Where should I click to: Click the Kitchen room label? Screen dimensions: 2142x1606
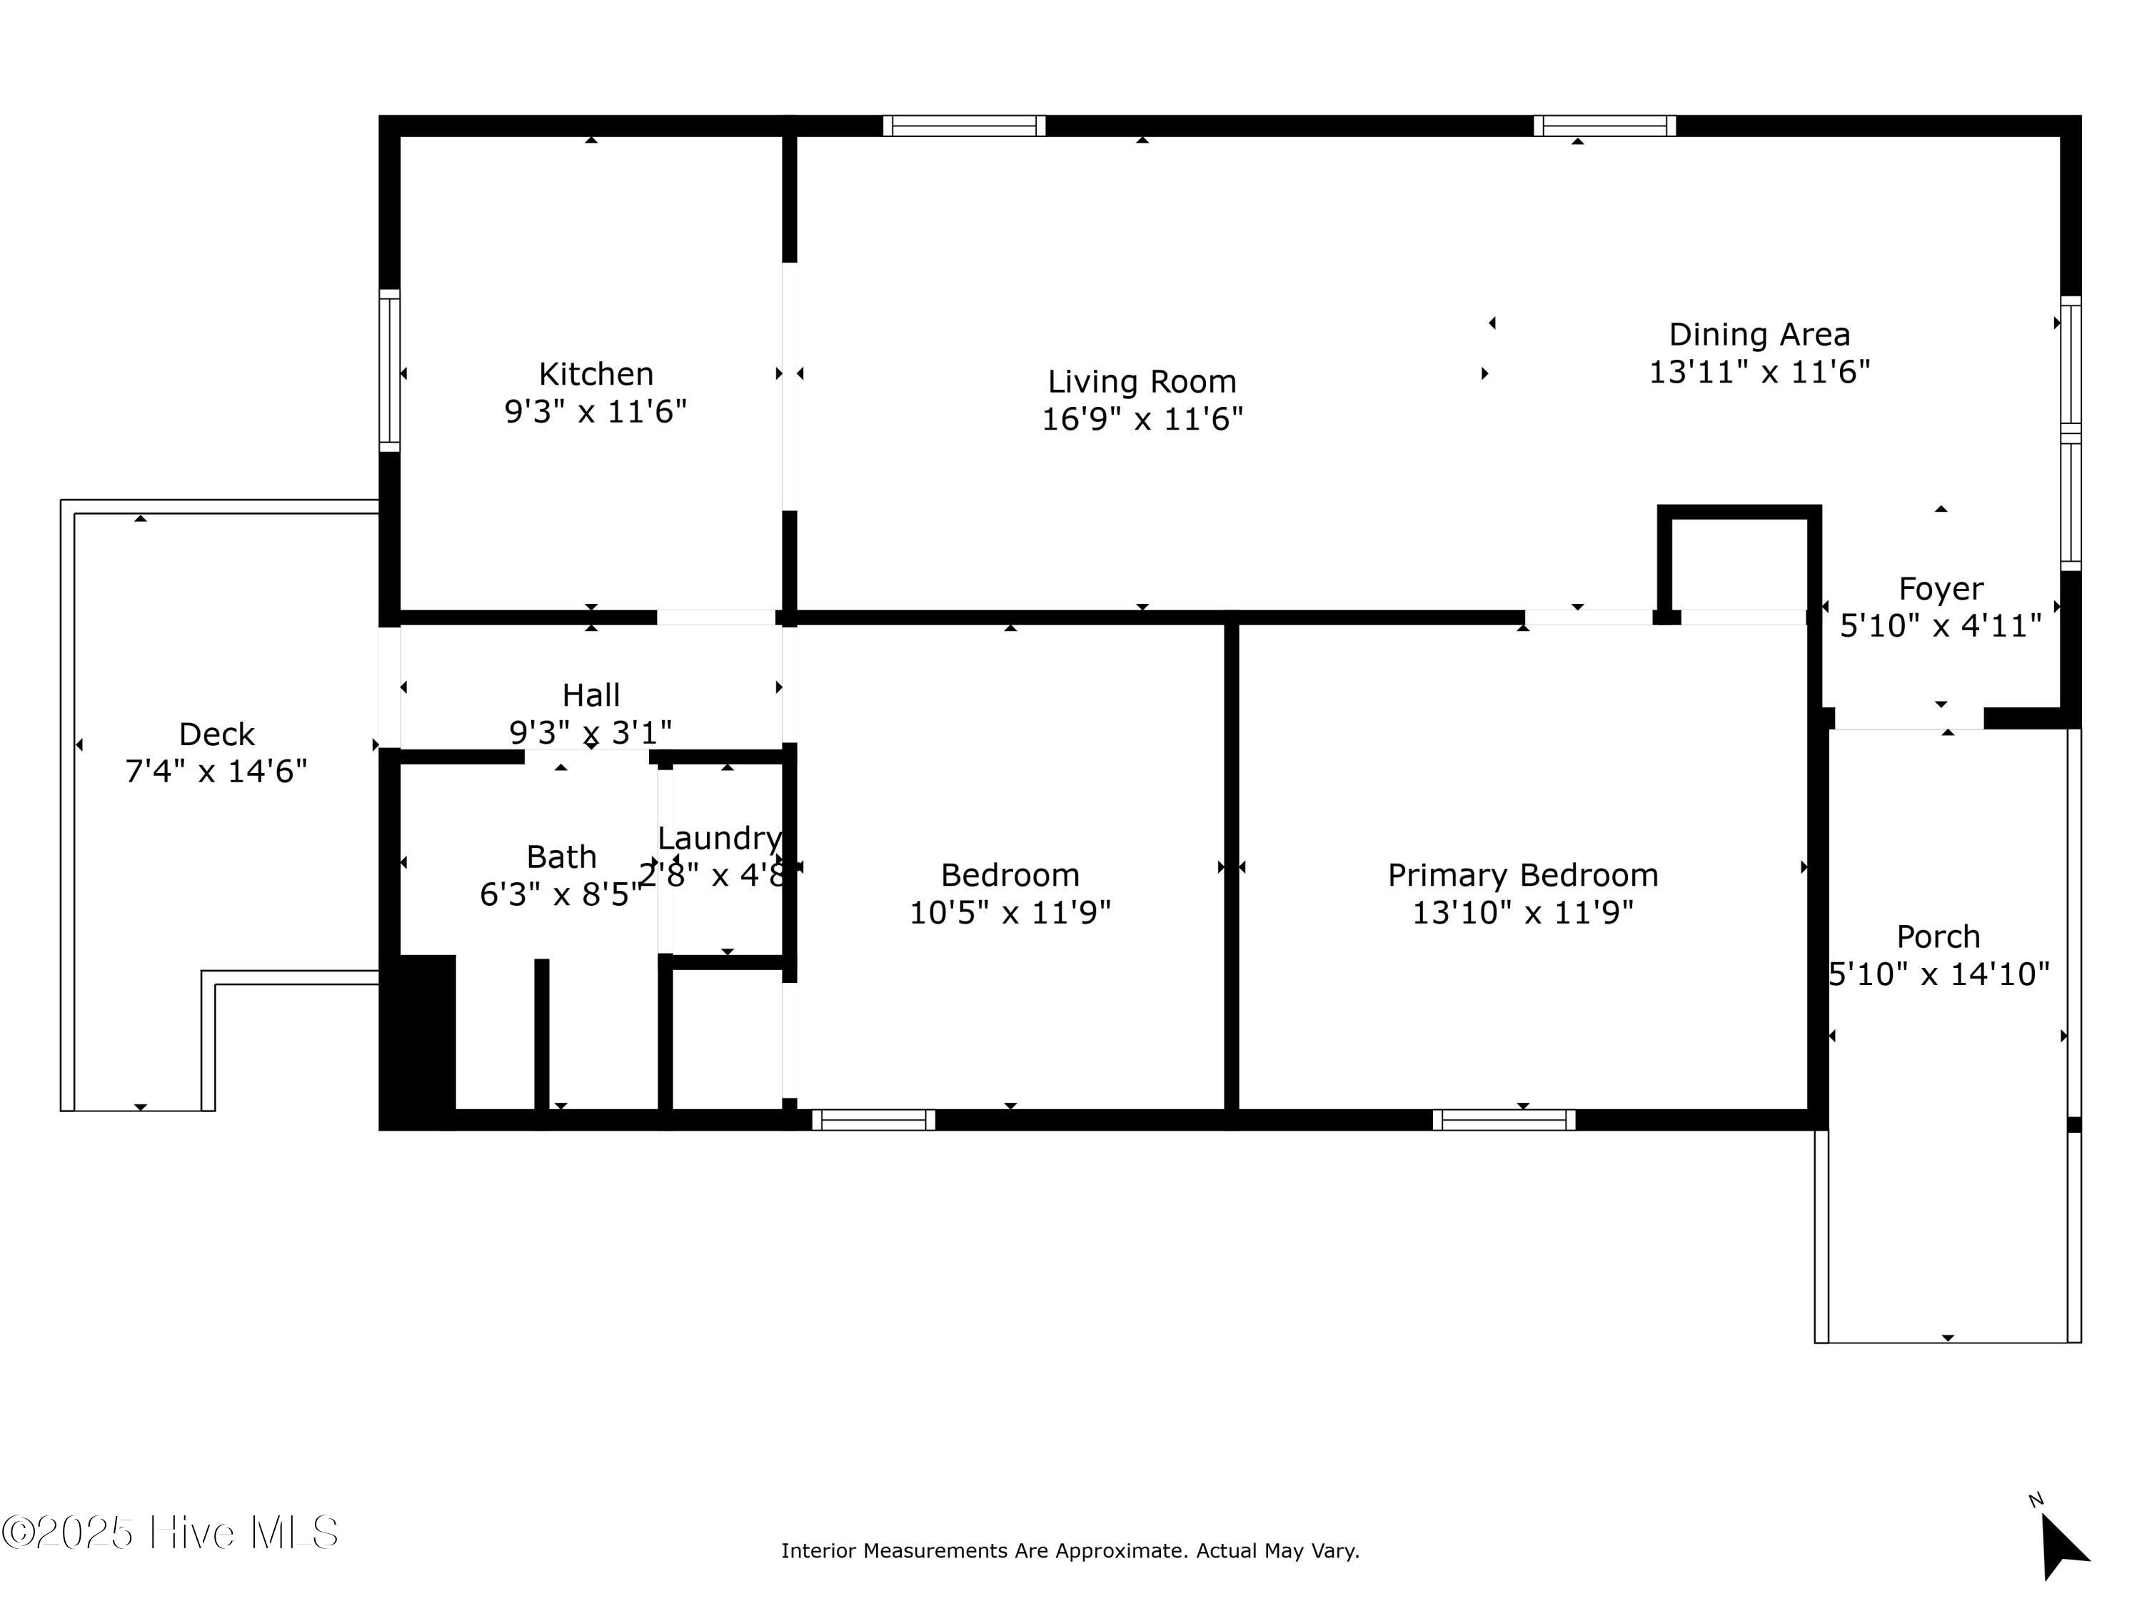595,374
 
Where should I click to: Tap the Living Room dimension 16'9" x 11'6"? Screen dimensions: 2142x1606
1142,419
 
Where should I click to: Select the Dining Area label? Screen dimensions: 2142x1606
1759,335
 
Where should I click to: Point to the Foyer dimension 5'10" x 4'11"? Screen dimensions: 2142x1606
1941,626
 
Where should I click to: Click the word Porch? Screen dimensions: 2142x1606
1938,937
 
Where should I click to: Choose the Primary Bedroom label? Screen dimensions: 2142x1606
1522,875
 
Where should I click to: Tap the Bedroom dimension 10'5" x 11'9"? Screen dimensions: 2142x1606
1010,913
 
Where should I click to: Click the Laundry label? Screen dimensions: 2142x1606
720,839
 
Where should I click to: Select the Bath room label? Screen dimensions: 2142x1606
562,857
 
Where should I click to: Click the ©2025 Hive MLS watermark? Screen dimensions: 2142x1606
171,1532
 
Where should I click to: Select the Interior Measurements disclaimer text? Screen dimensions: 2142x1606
1070,1551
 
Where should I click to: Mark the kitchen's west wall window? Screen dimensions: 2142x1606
389,370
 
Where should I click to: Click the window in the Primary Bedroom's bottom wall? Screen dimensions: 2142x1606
1504,1120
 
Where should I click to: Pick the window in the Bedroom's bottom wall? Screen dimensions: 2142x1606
873,1120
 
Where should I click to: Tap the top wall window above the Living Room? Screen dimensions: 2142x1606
965,126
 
